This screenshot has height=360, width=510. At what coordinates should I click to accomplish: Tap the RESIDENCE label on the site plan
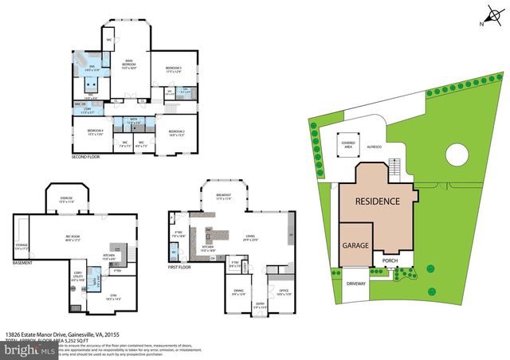click(377, 202)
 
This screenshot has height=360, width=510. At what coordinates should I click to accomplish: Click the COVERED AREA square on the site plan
click(348, 143)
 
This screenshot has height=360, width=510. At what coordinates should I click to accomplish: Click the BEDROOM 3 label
click(173, 69)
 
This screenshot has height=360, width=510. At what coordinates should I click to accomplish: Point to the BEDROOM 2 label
click(176, 132)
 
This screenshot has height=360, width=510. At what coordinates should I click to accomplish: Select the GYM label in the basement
click(104, 295)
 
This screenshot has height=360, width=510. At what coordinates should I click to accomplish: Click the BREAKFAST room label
click(224, 196)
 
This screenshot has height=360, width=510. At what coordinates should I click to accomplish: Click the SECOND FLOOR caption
click(86, 158)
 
